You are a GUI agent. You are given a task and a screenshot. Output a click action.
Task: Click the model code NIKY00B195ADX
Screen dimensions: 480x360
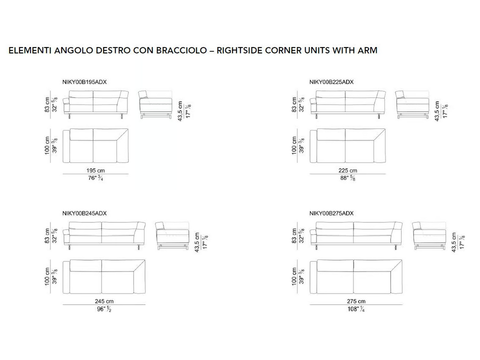[x=84, y=82]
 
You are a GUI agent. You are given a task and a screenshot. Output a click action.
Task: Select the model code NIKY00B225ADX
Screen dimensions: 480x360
[x=331, y=82]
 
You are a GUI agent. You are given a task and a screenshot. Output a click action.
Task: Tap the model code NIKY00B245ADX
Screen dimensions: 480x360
[x=84, y=213]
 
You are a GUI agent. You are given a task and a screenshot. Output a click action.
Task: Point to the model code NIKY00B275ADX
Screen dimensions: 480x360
[x=331, y=213]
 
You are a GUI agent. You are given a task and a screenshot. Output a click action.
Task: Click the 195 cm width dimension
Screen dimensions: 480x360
[x=95, y=170]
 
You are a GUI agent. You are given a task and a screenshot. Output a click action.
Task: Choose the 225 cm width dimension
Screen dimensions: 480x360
[x=348, y=170]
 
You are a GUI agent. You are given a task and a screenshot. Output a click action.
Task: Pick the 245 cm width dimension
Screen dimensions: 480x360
[x=104, y=301]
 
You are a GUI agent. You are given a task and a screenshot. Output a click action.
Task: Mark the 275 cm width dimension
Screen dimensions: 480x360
[x=356, y=301]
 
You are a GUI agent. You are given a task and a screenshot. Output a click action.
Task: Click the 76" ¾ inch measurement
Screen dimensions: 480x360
[x=95, y=178]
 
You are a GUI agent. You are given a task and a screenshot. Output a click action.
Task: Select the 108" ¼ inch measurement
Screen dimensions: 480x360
[x=356, y=309]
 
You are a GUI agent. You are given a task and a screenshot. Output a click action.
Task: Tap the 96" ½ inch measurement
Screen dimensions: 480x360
[x=104, y=309]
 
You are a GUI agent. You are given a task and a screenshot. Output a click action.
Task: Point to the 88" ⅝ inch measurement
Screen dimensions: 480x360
[x=348, y=178]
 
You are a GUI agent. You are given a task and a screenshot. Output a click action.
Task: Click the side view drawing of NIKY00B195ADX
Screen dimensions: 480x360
[x=155, y=104]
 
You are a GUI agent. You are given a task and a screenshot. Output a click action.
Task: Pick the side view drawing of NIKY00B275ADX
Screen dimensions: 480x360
[x=429, y=235]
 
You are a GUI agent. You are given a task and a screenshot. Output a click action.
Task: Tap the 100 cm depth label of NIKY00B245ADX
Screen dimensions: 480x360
[x=47, y=276]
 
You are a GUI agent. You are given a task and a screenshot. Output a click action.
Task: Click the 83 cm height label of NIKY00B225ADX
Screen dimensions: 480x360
[x=294, y=104]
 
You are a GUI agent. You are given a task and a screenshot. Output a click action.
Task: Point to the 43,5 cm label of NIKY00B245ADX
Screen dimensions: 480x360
[x=197, y=242]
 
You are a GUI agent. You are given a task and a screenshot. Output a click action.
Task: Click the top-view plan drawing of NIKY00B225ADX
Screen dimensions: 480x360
[x=348, y=145]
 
